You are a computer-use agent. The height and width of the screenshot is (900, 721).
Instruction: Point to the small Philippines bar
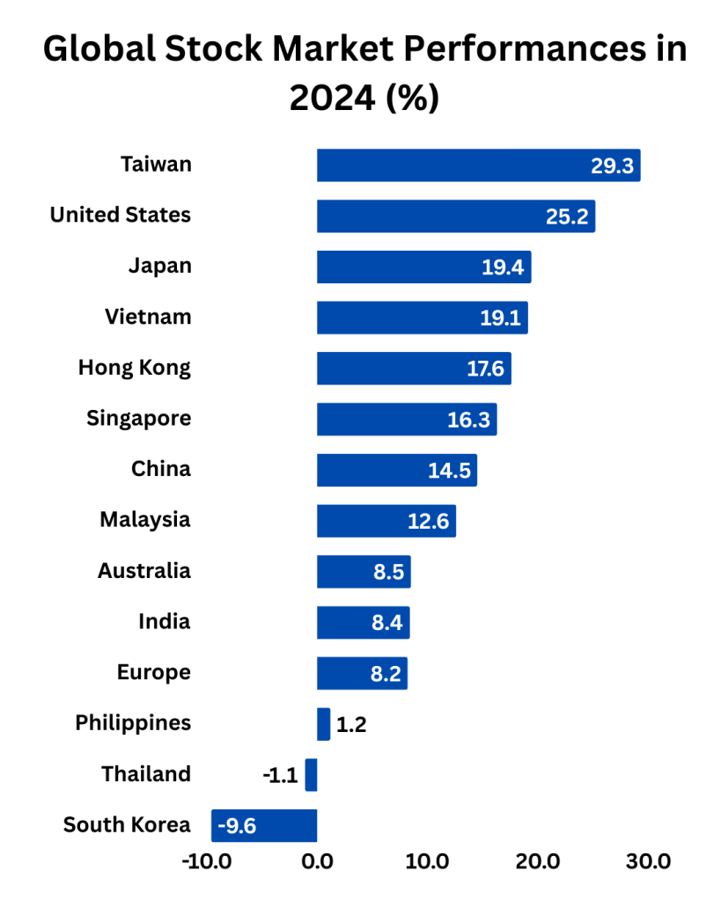pos(323,724)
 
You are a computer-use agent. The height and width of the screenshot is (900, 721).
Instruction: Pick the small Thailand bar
pos(311,775)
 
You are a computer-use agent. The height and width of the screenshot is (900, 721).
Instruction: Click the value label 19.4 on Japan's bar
pos(503,267)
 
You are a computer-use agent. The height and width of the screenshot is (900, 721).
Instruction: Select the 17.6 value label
pos(485,369)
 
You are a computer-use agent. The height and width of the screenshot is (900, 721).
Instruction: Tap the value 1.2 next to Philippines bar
pos(351,726)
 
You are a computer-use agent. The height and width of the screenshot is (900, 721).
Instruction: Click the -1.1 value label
pos(280,776)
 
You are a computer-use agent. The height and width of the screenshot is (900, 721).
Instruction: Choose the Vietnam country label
pos(148,317)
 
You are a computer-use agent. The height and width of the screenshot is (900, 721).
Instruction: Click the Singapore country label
pos(138,418)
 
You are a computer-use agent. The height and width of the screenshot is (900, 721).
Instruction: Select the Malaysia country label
pos(145,519)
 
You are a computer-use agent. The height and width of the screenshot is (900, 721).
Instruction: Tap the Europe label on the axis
pos(154,672)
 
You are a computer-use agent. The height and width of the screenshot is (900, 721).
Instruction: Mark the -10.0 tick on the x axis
pos(207,861)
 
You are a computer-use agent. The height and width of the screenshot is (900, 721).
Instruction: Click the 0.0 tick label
pos(317,861)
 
